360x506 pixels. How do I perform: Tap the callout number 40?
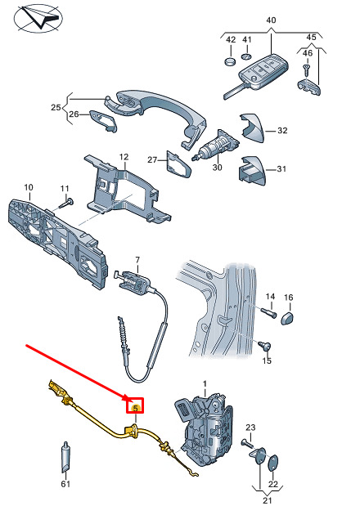271,20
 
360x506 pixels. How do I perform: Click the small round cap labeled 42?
230,61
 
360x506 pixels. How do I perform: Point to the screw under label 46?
306,69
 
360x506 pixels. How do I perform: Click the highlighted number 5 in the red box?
136,408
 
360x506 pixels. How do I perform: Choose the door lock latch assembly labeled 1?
204,429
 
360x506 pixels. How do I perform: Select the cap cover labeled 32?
252,128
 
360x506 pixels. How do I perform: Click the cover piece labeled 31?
253,170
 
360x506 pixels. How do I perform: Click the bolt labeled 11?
66,204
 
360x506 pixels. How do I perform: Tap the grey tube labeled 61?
65,457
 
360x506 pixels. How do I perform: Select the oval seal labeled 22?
272,463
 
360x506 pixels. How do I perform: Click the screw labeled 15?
265,346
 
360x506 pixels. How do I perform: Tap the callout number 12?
124,157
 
